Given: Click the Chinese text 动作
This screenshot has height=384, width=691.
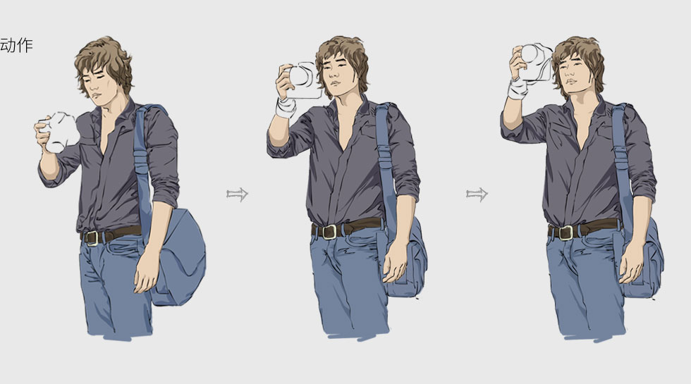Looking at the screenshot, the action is [x=16, y=45].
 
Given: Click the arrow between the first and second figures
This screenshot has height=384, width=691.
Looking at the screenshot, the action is [x=237, y=194].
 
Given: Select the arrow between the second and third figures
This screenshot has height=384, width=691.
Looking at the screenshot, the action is [x=477, y=194].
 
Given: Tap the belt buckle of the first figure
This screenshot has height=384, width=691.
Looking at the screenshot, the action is [x=92, y=238].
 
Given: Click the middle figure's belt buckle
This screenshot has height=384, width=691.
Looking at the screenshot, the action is [x=329, y=232].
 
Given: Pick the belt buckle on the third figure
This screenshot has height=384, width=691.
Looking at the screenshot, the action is [x=565, y=233].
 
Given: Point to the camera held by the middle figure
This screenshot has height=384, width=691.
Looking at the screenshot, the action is [x=303, y=80].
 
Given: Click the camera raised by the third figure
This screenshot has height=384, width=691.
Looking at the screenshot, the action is [x=535, y=62].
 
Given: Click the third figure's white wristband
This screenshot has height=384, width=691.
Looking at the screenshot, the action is [x=517, y=89].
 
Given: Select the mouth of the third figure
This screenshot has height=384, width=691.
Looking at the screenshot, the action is [x=572, y=82].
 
